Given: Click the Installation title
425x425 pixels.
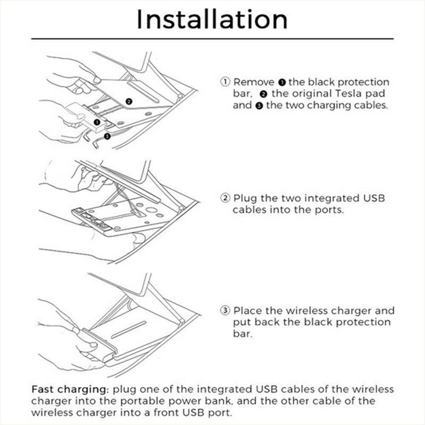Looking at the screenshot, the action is click(212, 20).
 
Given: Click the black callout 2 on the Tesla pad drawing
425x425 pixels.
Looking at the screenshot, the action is click(129, 101).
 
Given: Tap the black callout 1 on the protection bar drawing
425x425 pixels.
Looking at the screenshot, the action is click(97, 122).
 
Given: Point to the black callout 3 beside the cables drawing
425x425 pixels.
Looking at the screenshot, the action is click(107, 136).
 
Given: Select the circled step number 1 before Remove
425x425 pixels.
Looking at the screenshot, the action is click(225, 82).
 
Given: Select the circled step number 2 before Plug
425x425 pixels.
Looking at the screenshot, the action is click(225, 198).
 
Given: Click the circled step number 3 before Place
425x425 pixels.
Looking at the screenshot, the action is click(225, 311).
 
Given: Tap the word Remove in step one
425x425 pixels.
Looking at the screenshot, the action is click(254, 82).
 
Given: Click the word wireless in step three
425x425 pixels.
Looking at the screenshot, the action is click(307, 311).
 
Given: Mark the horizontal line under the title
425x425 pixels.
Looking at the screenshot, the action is click(212, 39).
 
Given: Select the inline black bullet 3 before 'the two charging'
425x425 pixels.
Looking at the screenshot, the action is click(259, 106).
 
